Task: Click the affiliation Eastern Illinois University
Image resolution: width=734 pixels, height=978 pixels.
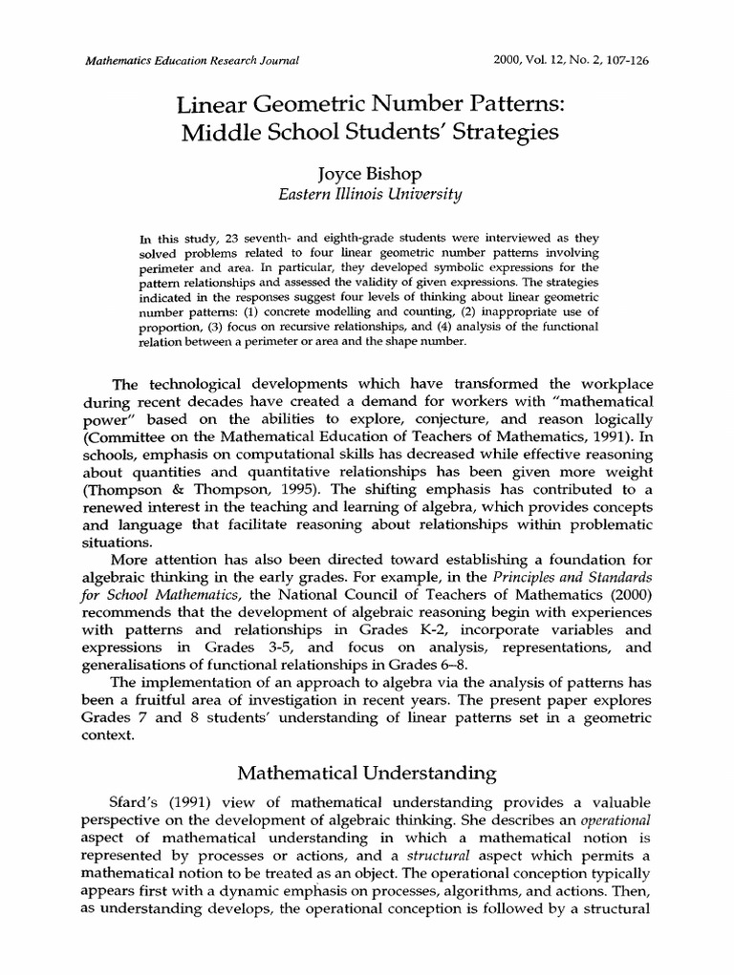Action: coord(368,196)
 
